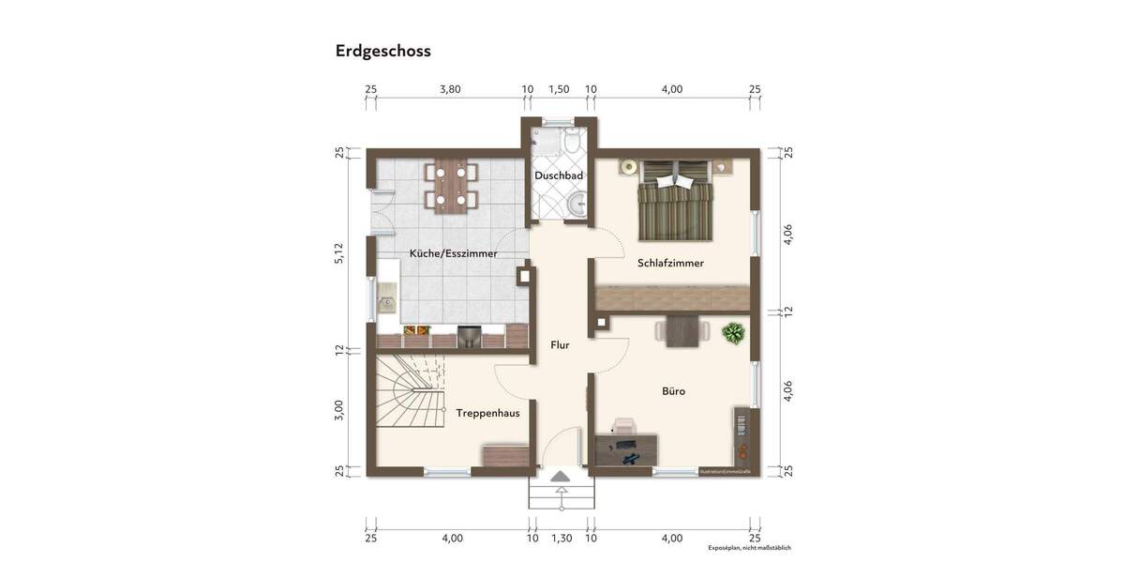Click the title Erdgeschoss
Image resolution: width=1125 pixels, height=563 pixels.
(x=382, y=52)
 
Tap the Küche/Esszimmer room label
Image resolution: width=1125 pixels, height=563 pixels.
(x=454, y=253)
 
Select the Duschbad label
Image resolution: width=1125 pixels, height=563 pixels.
(x=559, y=175)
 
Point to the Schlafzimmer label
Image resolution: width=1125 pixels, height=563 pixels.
(x=669, y=263)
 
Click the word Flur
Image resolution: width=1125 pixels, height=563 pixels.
(x=560, y=344)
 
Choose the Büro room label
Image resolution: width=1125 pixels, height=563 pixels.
(x=673, y=391)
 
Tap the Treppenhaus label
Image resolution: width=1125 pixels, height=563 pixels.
(x=487, y=412)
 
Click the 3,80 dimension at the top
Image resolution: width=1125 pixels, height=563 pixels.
(x=450, y=90)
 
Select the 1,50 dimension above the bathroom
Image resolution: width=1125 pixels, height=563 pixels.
(x=559, y=90)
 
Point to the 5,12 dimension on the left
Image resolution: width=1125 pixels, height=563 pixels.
(x=339, y=253)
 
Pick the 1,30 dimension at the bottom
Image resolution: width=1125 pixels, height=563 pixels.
(x=561, y=539)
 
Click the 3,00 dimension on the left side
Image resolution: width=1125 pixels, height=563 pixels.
(x=339, y=409)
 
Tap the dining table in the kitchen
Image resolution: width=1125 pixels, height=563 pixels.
(x=451, y=185)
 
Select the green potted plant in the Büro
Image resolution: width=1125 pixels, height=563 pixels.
(x=733, y=332)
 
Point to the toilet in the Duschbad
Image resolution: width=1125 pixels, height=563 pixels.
(x=571, y=143)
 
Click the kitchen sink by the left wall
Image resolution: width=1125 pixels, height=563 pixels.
(x=386, y=303)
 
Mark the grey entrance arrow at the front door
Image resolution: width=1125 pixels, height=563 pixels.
(x=560, y=478)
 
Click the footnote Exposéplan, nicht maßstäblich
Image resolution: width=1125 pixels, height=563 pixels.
(x=749, y=547)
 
